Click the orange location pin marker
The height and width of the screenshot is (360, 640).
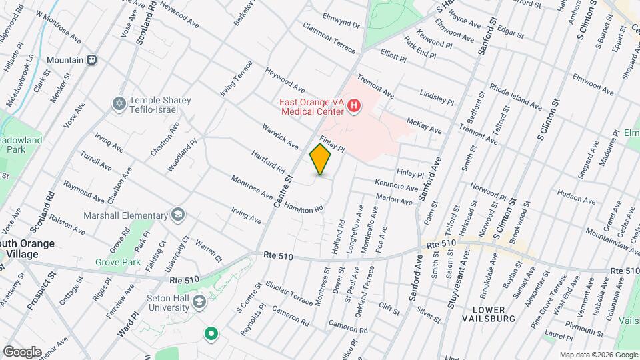[320, 160]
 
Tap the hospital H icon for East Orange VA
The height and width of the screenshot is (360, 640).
[355, 105]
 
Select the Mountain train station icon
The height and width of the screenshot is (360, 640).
[92, 59]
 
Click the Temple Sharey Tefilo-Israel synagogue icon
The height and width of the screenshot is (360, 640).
[119, 105]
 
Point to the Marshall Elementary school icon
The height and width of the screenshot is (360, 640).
[178, 215]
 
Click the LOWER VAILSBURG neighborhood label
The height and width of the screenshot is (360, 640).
[495, 314]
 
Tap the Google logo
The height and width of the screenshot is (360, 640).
[22, 351]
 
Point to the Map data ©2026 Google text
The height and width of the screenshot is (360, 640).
[598, 355]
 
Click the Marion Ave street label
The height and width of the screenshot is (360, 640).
[394, 199]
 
